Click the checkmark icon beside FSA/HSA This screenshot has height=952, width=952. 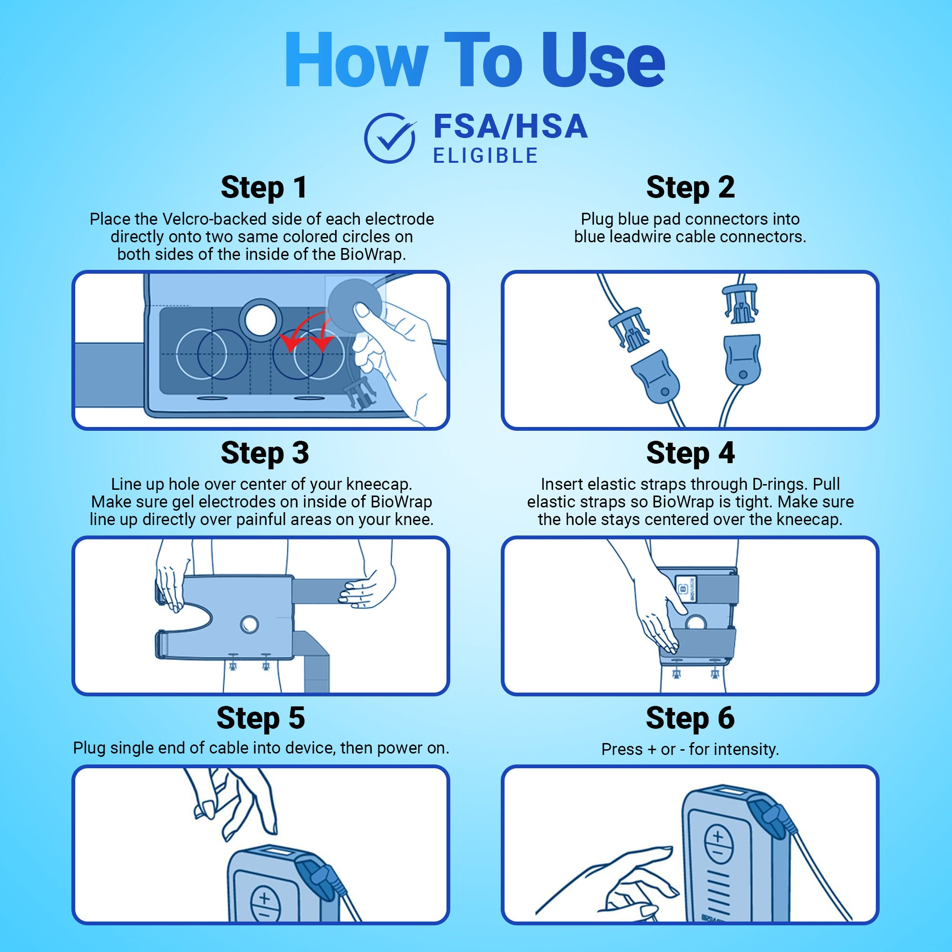coord(390,138)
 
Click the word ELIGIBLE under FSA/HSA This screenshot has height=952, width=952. coord(486,156)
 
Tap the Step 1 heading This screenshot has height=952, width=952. coord(264,188)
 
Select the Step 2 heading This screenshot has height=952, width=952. coord(690,188)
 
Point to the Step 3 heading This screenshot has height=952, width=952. coord(265,453)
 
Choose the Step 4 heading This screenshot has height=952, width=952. coord(690,453)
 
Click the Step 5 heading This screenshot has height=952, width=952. coord(261,718)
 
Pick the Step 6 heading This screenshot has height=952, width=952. coord(690,718)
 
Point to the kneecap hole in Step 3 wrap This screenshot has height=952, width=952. coord(249,625)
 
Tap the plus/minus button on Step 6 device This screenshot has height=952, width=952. coord(718,843)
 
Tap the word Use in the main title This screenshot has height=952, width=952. coord(603,60)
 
